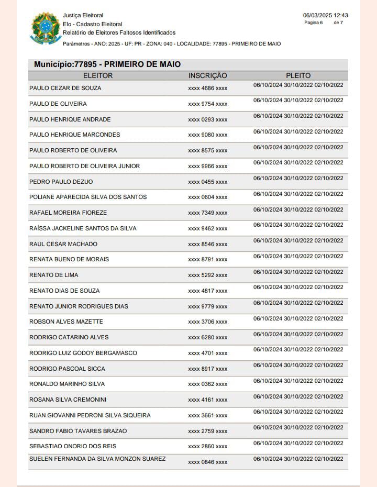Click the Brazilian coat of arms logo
[x=46, y=28]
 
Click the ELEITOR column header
[x=98, y=76]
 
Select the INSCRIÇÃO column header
[x=207, y=76]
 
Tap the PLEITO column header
[x=298, y=76]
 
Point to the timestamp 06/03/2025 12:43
[x=325, y=15]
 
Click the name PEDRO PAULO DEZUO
[x=61, y=182]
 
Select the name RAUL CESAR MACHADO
[x=63, y=244]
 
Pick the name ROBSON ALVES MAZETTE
[x=66, y=322]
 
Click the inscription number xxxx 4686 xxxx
[x=207, y=88]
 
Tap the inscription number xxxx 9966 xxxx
[x=207, y=167]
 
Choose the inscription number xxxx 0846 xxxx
[x=207, y=462]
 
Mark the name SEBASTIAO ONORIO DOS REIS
[x=73, y=446]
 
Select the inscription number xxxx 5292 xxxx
[x=207, y=275]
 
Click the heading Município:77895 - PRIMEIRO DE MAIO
[x=107, y=64]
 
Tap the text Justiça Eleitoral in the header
[x=83, y=16]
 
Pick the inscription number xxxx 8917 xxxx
[x=207, y=369]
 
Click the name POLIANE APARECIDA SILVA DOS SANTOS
[x=88, y=197]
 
